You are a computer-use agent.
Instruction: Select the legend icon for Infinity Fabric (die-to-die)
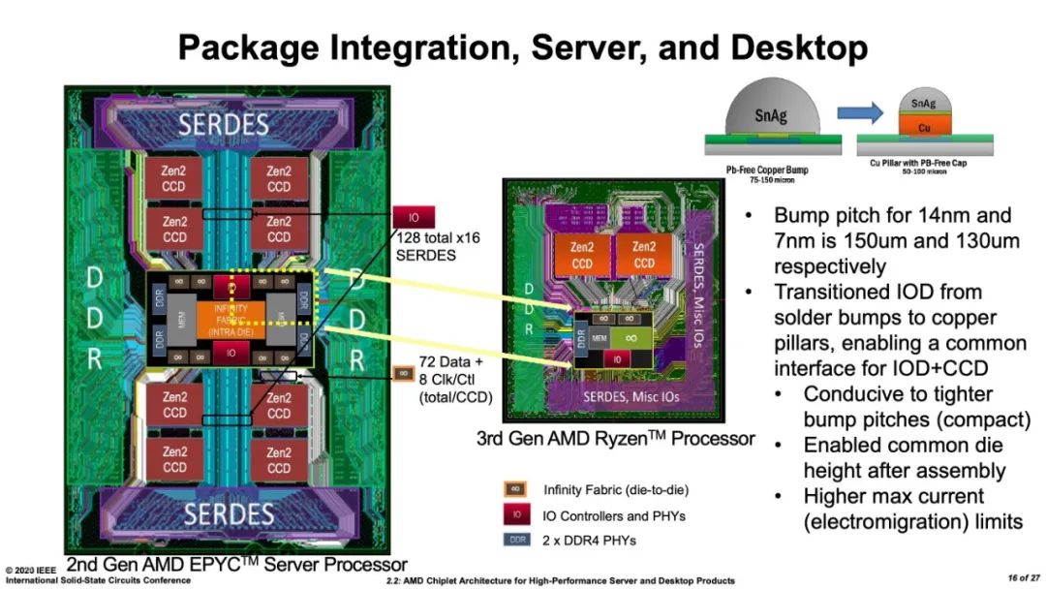click(515, 490)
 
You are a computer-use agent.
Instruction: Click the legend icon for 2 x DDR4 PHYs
click(515, 541)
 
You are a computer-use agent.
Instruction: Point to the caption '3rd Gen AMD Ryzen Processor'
click(615, 439)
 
